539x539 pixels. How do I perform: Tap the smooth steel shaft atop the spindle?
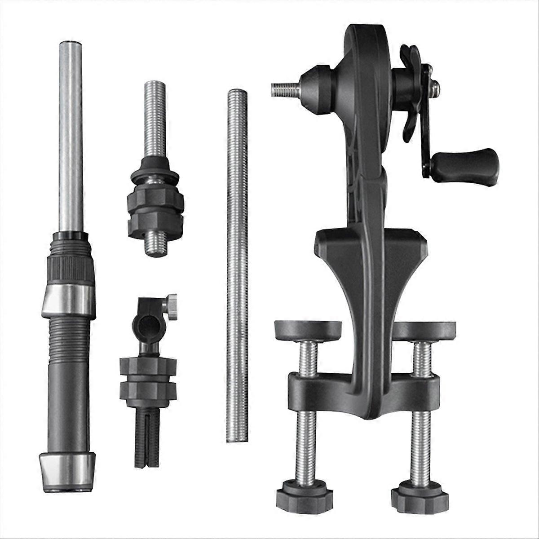click(71, 135)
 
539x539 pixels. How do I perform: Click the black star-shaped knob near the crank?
click(411, 90)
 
